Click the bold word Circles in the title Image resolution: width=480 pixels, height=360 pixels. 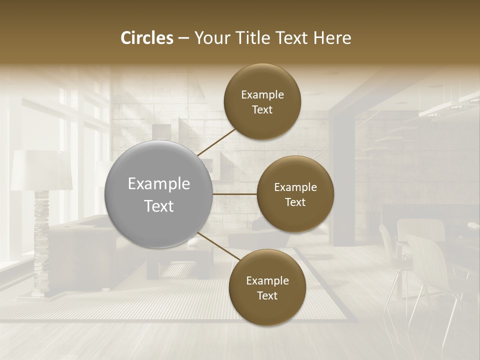(x=147, y=38)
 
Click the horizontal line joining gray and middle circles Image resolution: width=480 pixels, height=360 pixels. (x=234, y=194)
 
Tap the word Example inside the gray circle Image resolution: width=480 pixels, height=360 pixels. (x=159, y=184)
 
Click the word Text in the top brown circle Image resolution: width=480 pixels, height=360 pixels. (x=262, y=110)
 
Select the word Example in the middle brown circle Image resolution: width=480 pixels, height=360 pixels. (x=295, y=187)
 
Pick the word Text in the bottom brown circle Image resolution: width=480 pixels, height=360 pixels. (x=267, y=295)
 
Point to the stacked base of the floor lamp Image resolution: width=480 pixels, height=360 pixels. (x=41, y=245)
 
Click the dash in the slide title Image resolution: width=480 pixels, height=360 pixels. (x=183, y=38)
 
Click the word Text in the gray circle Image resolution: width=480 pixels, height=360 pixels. (x=159, y=205)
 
